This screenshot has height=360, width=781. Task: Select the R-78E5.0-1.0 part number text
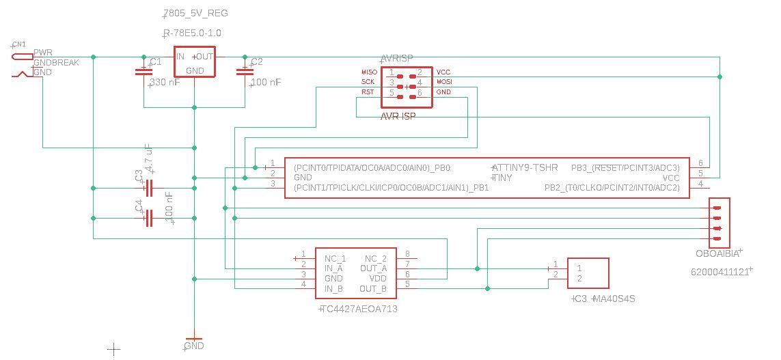(x=192, y=33)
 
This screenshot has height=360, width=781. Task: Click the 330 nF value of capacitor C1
(x=165, y=82)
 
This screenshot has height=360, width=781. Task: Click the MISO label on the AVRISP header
(x=368, y=72)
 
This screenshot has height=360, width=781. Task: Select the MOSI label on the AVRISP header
(x=444, y=82)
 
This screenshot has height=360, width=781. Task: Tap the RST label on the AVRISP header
(x=368, y=92)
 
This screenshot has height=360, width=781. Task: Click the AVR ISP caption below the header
(x=398, y=117)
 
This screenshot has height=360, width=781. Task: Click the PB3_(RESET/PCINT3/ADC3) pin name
(x=625, y=167)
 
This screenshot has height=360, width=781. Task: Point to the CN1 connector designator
(x=19, y=44)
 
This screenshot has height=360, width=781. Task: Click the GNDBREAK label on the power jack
(x=56, y=63)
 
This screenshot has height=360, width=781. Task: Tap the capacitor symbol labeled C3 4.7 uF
(x=149, y=187)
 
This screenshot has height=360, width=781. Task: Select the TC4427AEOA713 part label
(x=359, y=309)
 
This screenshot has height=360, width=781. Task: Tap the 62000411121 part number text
(x=721, y=271)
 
